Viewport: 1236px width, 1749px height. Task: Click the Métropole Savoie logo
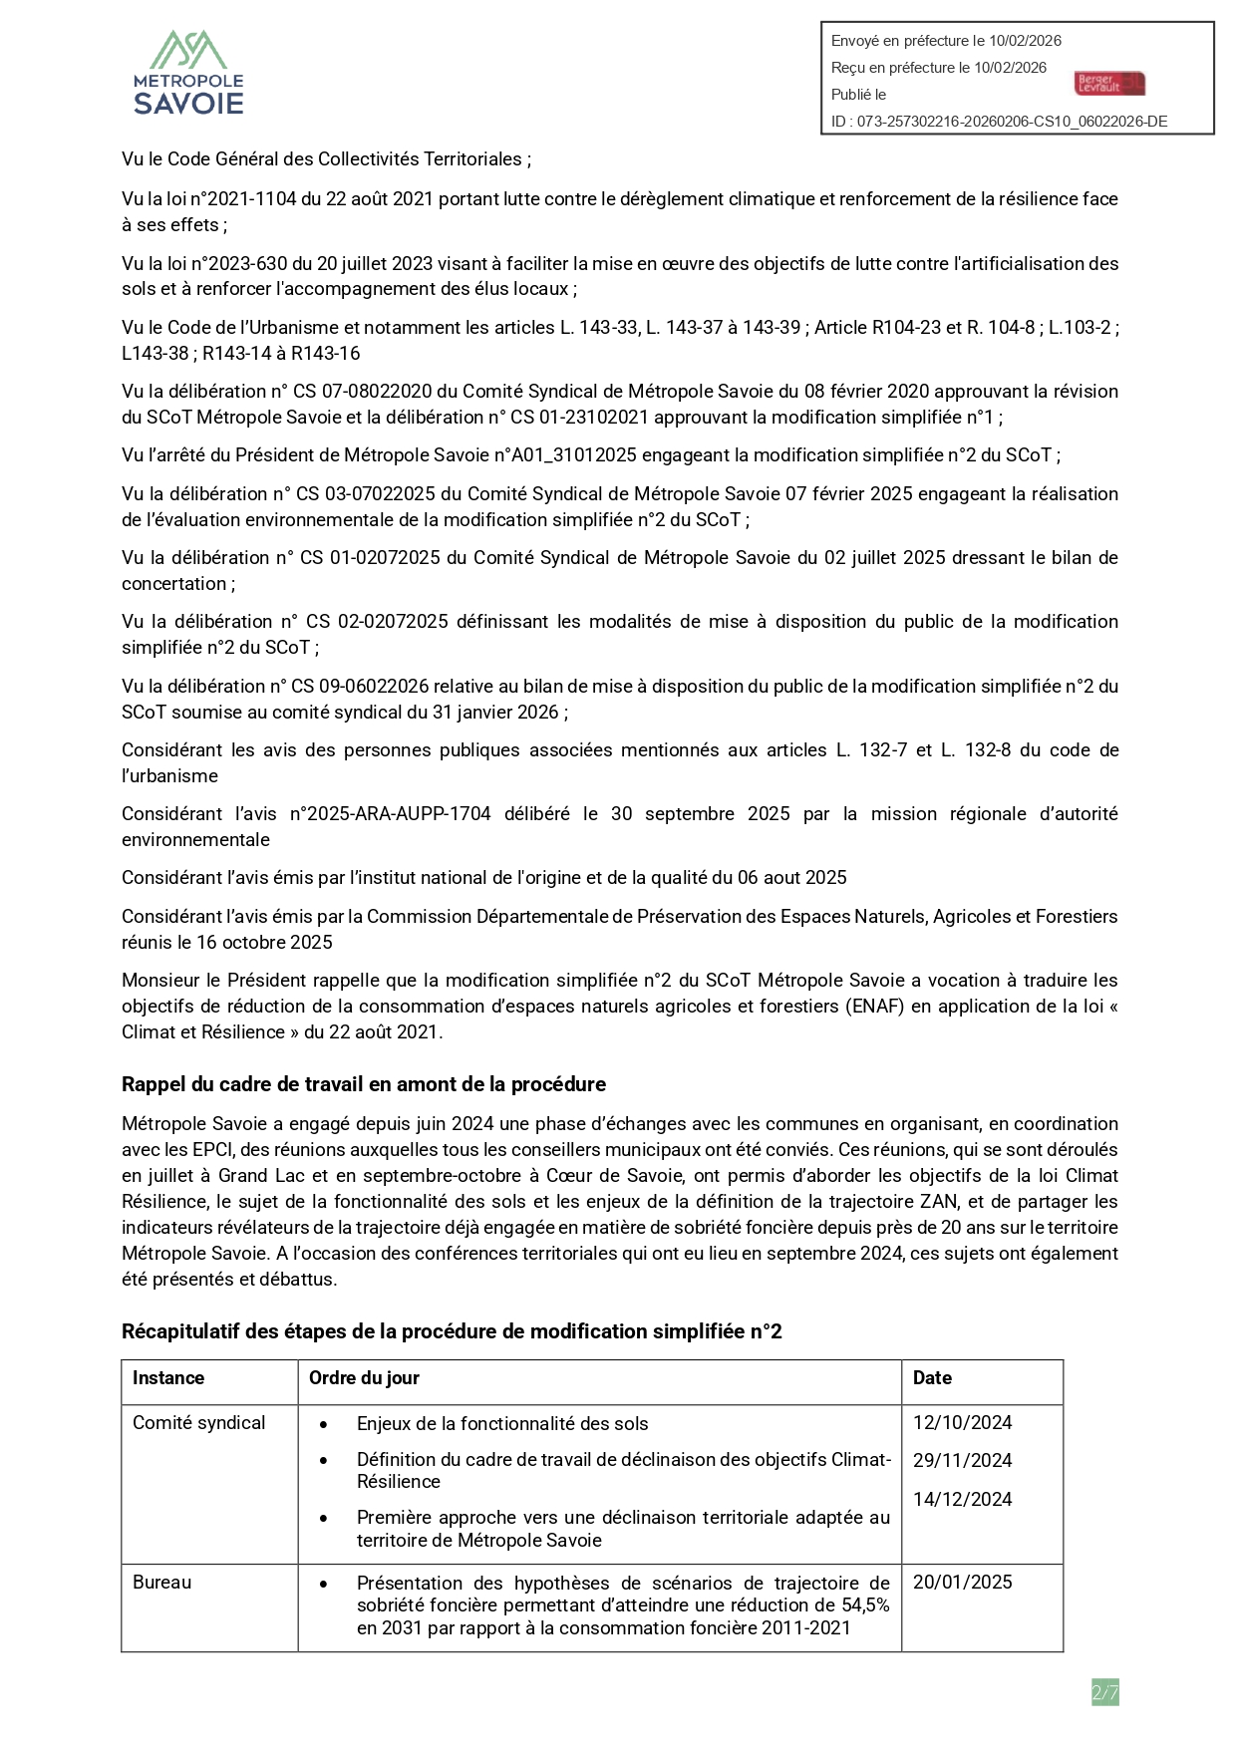(189, 73)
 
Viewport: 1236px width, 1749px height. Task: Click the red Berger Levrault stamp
(1109, 84)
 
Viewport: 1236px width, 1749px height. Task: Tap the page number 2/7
(1104, 1692)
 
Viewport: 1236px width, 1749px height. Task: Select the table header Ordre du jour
(364, 1378)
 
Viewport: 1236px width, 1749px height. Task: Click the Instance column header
(168, 1378)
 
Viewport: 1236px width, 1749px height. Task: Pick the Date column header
(932, 1378)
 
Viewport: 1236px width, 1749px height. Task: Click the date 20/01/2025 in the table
(962, 1583)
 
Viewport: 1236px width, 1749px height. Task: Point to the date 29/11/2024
(962, 1461)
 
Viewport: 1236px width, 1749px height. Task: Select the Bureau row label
(162, 1583)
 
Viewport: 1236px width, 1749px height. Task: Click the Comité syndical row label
(199, 1423)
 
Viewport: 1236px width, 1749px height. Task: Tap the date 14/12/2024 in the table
(962, 1500)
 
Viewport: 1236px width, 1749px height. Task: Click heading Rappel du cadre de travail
(363, 1084)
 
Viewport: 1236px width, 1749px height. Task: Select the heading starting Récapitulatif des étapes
(451, 1332)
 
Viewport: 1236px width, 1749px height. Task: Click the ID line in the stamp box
(999, 122)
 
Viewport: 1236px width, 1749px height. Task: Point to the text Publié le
(858, 95)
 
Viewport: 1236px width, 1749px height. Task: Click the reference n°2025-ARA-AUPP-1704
(390, 814)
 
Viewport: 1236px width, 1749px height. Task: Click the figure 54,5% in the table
(864, 1605)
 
